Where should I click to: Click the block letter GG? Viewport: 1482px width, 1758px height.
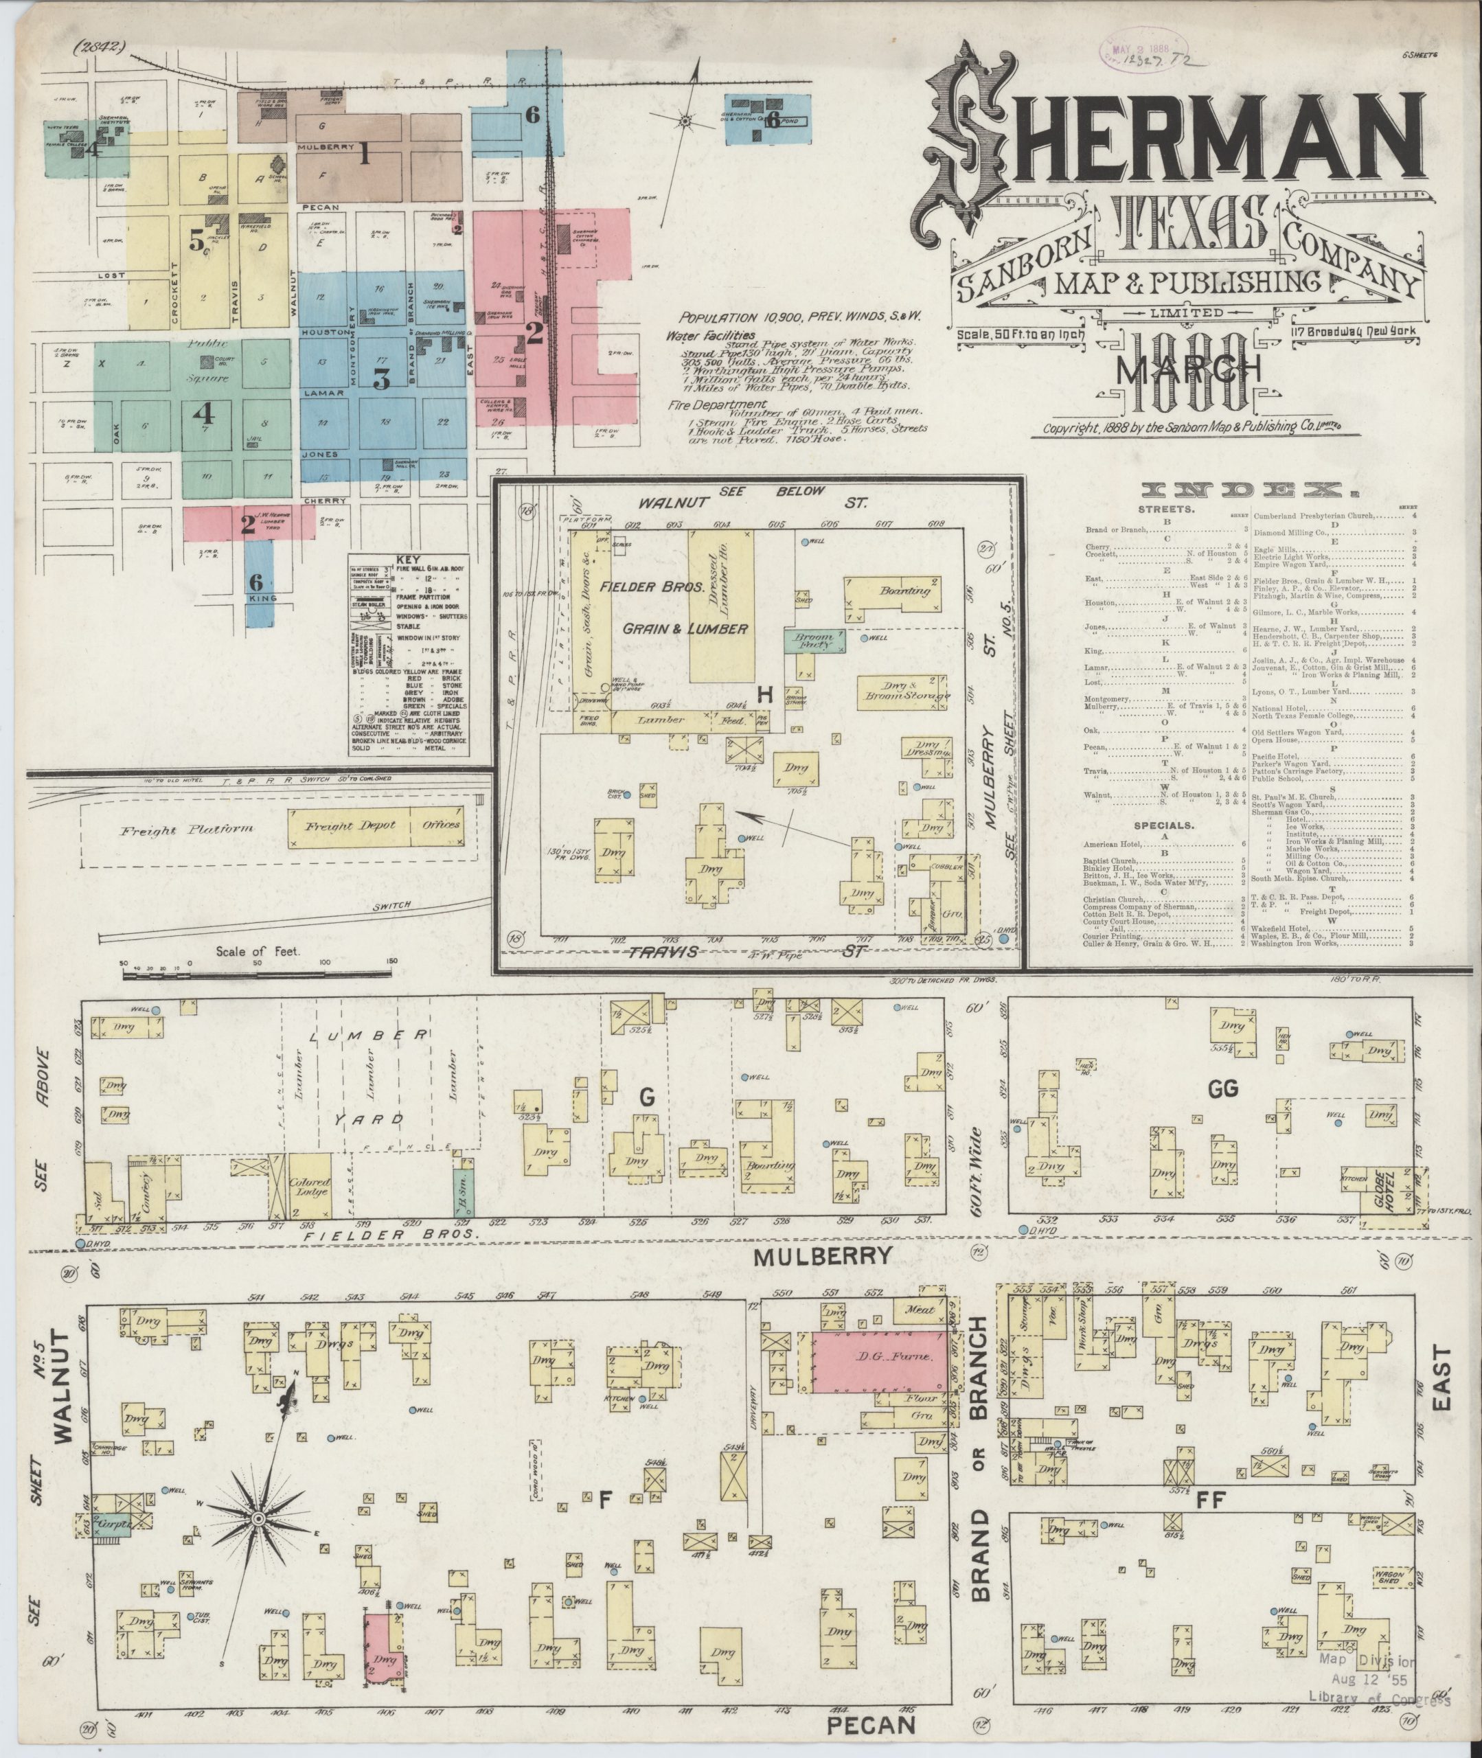click(1223, 1089)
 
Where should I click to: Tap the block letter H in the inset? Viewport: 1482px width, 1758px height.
click(764, 694)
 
